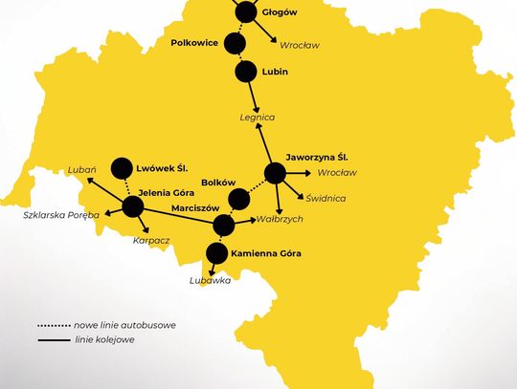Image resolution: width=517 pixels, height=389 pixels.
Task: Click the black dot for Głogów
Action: coord(246,11)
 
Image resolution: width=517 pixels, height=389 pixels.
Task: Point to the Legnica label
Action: coord(257,118)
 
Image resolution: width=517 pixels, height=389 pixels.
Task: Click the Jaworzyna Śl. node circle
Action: coord(275,173)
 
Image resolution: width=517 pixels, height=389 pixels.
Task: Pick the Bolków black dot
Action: coord(238,198)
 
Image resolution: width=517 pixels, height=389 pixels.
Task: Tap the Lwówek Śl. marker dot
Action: coord(122,167)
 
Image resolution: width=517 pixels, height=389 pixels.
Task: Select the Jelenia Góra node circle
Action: coord(132,206)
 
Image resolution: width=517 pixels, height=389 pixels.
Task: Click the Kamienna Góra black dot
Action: coord(216,253)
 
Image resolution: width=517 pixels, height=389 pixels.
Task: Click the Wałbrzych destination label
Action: coord(254,219)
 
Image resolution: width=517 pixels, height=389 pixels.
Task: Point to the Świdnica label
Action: coord(326,198)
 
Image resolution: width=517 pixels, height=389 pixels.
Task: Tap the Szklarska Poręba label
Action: coord(60,215)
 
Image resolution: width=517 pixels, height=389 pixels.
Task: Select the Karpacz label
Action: coord(151,241)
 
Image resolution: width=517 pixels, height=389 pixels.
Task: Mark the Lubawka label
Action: coord(210,281)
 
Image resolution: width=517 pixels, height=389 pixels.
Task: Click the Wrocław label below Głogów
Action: coord(300,44)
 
